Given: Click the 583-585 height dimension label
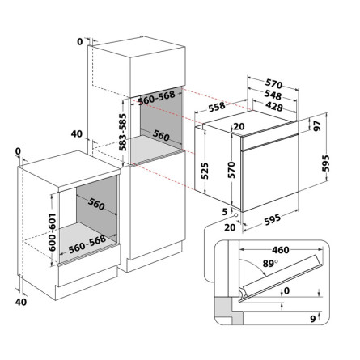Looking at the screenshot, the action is pos(123,133).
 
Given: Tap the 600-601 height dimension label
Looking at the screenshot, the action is pos(52,232).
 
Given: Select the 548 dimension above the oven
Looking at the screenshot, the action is pos(273,95).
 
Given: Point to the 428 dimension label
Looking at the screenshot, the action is pos(273,107).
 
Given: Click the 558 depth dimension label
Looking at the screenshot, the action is pos(217,107).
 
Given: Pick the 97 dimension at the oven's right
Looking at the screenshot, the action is pos(317,125).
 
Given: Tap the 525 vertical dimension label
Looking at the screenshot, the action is pos(205,171).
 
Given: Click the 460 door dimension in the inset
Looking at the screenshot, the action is pos(281,250).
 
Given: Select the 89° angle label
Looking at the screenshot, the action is pos(270,263).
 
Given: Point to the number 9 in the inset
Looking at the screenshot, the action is pos(313,319).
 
